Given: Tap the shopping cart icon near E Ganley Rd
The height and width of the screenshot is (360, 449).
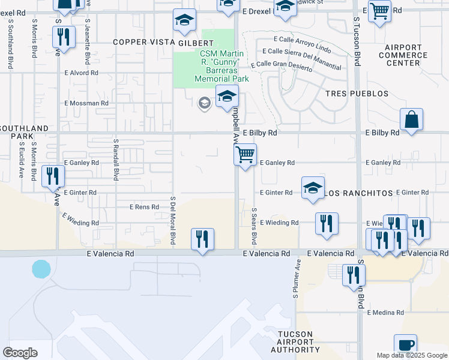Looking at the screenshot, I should pos(245,155).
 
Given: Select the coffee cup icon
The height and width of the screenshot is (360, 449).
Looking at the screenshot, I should pos(405,345).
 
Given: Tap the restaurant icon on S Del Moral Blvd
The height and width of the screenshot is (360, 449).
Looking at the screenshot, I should pos(202,239).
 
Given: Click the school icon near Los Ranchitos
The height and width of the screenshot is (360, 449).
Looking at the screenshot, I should pos(313,188).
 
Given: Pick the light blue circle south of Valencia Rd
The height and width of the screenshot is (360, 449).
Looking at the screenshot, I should pos(41,269).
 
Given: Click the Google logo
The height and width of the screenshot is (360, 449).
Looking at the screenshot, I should pos(20,353).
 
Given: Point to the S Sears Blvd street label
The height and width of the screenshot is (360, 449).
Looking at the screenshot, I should pos(255,226).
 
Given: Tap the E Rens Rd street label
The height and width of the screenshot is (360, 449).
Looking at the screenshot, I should pos(145,207).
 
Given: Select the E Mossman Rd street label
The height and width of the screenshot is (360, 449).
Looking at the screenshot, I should pos(87,103).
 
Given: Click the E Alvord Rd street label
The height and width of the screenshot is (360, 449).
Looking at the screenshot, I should pos(81,73).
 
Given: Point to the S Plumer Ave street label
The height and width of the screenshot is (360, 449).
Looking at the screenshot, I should pos(297,278).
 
